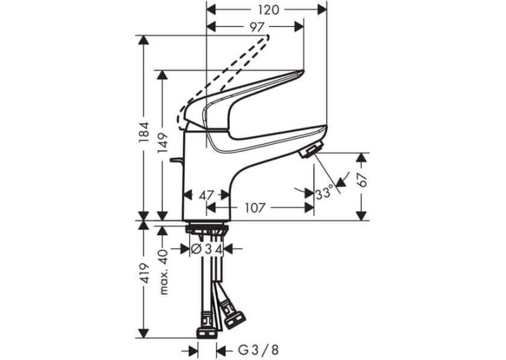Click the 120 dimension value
[x=268, y=10]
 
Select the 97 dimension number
[x=257, y=28]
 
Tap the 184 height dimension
[x=145, y=132]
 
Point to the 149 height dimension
[x=164, y=143]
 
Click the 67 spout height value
[x=362, y=180]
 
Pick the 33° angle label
[x=324, y=194]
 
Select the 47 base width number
[x=206, y=195]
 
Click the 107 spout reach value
[x=254, y=208]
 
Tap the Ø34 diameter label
[x=207, y=249]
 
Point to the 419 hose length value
[x=145, y=274]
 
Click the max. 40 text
[x=164, y=272]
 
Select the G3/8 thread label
[x=258, y=350]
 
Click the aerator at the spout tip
[x=311, y=150]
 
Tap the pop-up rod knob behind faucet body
[x=176, y=161]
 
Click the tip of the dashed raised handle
[x=267, y=36]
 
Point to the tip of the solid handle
[x=303, y=71]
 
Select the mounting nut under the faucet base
[x=207, y=229]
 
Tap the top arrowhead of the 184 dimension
[x=143, y=40]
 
